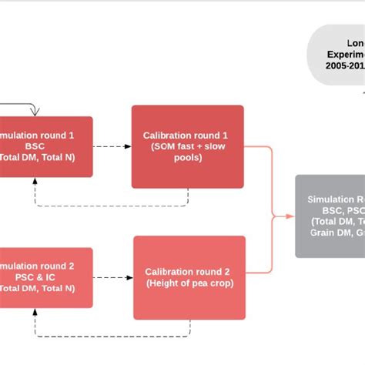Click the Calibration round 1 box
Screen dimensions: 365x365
(x=187, y=146)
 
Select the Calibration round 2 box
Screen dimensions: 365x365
(x=189, y=277)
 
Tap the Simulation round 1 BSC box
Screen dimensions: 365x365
(x=46, y=146)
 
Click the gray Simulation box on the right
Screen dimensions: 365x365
(x=330, y=216)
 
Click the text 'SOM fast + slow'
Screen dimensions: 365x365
(x=187, y=147)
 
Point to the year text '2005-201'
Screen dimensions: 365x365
(x=346, y=67)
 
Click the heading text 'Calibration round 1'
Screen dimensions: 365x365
(x=187, y=136)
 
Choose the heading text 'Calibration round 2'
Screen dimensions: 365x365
(x=189, y=272)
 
